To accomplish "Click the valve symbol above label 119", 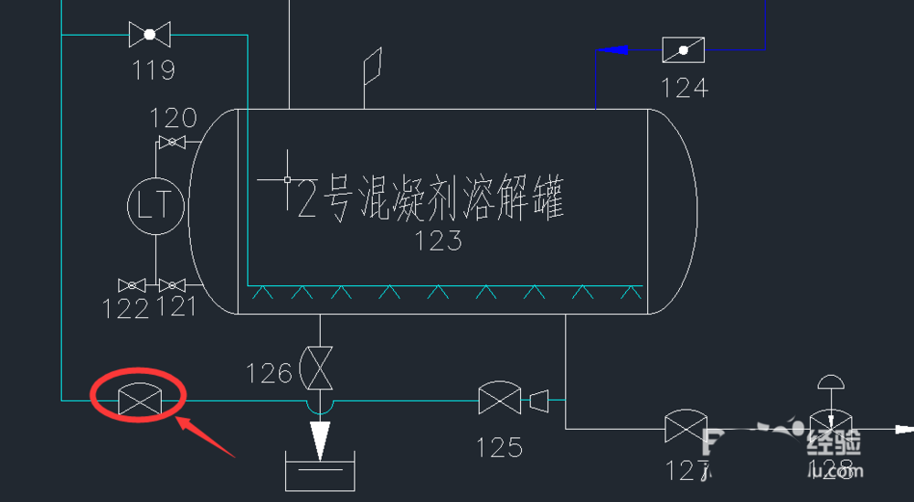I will [x=150, y=36].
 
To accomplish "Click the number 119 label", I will [x=153, y=69].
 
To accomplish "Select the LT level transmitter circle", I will [x=154, y=205].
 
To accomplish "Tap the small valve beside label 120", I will [x=171, y=142].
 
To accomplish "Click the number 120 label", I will [x=174, y=118].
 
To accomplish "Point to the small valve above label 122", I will [x=132, y=285].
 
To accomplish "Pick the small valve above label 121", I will [x=171, y=285].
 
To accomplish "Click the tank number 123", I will [x=438, y=241].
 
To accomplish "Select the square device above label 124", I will [x=683, y=49].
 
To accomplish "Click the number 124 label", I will [x=685, y=88].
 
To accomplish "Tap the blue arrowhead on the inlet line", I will [x=619, y=49].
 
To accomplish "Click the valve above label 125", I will [x=499, y=400].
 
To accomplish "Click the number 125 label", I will [x=499, y=447].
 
